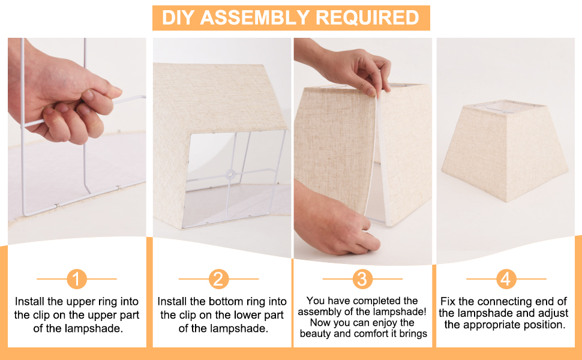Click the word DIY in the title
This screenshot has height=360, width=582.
[x=179, y=17]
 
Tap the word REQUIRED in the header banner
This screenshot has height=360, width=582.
[x=367, y=17]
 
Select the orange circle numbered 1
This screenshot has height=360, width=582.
[x=77, y=279]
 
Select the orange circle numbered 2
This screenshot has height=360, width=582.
[x=218, y=279]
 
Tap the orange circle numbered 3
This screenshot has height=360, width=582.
[x=362, y=279]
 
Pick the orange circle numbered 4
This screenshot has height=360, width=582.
[x=506, y=279]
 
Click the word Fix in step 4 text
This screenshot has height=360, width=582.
[x=449, y=302]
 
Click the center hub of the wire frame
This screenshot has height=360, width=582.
[x=229, y=175]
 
